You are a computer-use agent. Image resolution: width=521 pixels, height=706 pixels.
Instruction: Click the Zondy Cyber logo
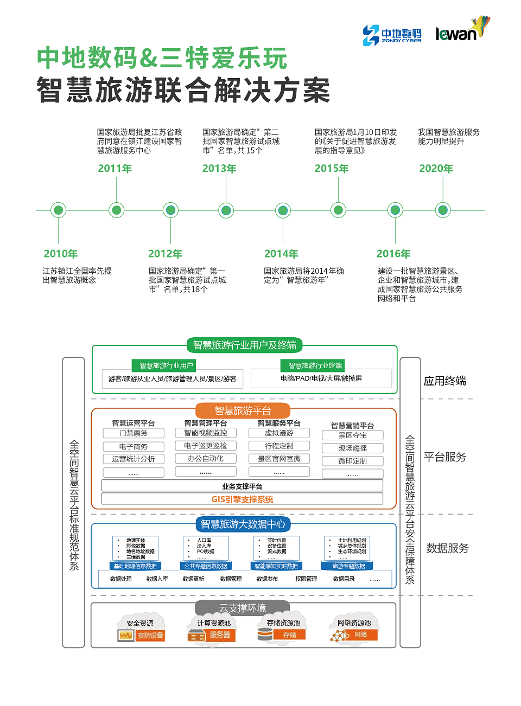392,35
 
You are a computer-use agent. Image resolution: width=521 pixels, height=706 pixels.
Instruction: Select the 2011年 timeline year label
115,169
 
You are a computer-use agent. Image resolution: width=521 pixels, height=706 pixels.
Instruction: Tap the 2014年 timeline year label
281,254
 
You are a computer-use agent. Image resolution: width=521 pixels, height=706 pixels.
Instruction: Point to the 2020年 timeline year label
436,169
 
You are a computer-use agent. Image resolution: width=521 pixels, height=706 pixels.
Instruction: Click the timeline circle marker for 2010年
58,210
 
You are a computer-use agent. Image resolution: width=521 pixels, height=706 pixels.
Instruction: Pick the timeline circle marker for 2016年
395,210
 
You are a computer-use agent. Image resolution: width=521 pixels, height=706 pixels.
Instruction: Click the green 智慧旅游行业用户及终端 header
244,345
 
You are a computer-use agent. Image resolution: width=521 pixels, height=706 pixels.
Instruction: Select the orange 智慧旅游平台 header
243,410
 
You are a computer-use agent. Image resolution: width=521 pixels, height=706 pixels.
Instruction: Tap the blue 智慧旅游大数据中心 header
243,524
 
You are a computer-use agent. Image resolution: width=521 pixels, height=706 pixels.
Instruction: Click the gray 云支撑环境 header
242,608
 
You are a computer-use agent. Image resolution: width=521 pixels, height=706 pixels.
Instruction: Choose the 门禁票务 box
134,433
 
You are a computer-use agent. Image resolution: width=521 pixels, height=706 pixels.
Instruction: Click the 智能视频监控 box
206,433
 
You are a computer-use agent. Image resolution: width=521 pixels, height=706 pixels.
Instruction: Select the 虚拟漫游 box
279,433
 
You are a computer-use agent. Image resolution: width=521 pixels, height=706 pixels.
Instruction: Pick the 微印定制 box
353,461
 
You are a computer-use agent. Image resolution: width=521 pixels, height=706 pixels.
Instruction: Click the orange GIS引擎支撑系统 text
242,499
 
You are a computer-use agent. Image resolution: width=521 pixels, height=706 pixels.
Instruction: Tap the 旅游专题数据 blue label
348,566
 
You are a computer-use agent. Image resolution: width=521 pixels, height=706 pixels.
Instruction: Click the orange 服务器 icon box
220,635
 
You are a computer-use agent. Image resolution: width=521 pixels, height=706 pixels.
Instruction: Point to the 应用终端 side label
444,381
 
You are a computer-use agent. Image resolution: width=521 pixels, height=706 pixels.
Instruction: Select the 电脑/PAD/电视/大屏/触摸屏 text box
321,378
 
